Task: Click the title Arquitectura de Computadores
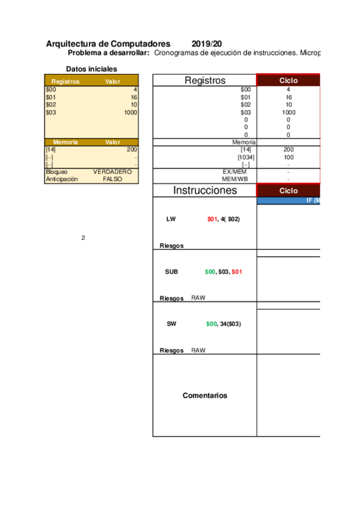coord(108,44)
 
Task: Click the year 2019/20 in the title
coord(207,44)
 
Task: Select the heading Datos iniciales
coord(91,69)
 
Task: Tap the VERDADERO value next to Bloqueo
coord(112,171)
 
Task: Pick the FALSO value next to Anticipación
coord(112,179)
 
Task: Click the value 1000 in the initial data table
coord(131,112)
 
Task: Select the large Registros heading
coord(205,81)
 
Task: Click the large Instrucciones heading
coord(205,191)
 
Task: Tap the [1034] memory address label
coord(245,157)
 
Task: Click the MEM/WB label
coord(235,179)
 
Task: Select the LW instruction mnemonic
coord(171,220)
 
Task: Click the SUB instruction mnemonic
coord(171,272)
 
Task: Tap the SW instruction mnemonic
coord(171,324)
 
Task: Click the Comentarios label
coord(205,396)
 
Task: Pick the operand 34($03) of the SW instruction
coord(230,324)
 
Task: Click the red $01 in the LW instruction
coord(212,220)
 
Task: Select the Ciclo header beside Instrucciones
coord(288,191)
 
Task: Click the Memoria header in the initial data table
coord(66,143)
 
